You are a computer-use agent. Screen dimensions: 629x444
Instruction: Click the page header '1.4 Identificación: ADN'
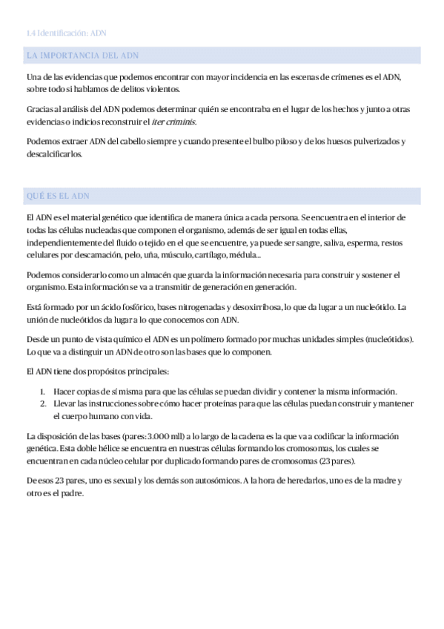coord(67,33)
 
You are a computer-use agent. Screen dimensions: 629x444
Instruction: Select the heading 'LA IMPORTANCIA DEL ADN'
coord(82,56)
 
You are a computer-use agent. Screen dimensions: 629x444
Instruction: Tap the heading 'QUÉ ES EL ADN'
coord(59,196)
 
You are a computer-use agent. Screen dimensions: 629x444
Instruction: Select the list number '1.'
coord(44,391)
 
